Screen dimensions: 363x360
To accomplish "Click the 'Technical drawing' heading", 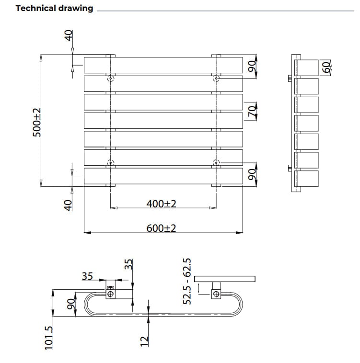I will pyautogui.click(x=54, y=8).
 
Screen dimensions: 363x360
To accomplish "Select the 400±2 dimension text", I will pyautogui.click(x=162, y=204).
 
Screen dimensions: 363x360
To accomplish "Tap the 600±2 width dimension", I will pyautogui.click(x=162, y=228).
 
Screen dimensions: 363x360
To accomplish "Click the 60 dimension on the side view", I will pyautogui.click(x=326, y=67).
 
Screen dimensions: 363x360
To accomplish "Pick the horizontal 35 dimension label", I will pyautogui.click(x=87, y=276).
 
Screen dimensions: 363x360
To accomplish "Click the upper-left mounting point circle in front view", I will pyautogui.click(x=111, y=78).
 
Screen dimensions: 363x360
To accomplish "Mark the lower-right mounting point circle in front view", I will pyautogui.click(x=216, y=162).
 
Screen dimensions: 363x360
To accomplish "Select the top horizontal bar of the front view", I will pyautogui.click(x=163, y=65).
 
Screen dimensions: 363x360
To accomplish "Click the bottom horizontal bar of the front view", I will pyautogui.click(x=163, y=176).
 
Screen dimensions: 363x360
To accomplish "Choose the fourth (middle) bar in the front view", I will pyautogui.click(x=163, y=120).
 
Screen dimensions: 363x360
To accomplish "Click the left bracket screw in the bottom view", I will pyautogui.click(x=111, y=293).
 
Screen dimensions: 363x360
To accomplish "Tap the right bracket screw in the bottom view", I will pyautogui.click(x=216, y=294).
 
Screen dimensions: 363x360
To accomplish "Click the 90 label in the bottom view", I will pyautogui.click(x=70, y=303).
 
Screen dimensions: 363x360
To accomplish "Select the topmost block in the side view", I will pyautogui.click(x=309, y=67).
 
